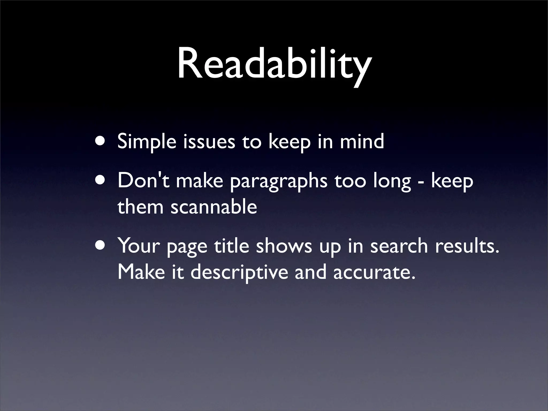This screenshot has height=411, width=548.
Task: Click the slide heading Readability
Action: (x=274, y=64)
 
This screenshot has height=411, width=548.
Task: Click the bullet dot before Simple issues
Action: (x=101, y=141)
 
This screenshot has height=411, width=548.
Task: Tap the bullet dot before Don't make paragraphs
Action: (x=101, y=180)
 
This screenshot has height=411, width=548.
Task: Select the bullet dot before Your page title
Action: (x=101, y=245)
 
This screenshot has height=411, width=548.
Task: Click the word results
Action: (x=467, y=246)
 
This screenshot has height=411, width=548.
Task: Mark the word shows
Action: (x=284, y=246)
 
